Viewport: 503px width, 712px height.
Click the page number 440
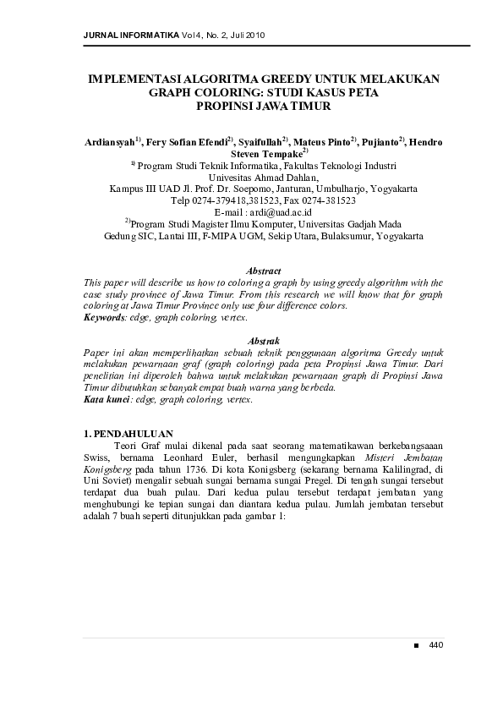pos(436,645)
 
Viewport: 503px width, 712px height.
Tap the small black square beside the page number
pos(415,646)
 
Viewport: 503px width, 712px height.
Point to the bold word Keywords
pos(104,317)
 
